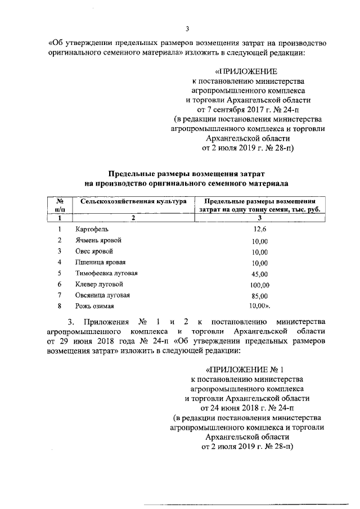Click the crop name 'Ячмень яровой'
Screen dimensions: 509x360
point(98,240)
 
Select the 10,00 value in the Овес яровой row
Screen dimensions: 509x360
point(259,251)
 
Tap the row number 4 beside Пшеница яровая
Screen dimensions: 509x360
point(59,262)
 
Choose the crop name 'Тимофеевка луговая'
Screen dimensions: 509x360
point(106,273)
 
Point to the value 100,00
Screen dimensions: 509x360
point(259,285)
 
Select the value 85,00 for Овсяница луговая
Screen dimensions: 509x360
point(259,296)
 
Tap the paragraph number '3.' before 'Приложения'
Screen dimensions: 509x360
point(71,321)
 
